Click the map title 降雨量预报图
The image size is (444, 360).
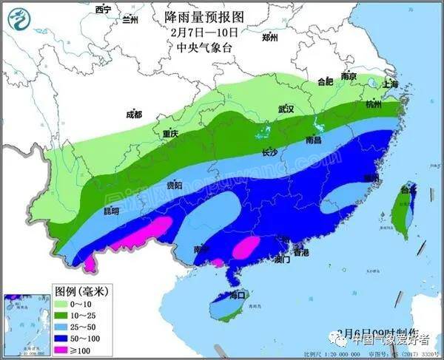tap(206, 15)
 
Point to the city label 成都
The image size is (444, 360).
tap(133, 115)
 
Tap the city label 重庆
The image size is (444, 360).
tap(170, 135)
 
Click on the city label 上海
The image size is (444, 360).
tap(390, 85)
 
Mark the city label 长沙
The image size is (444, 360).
tap(269, 153)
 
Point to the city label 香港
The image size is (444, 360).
tap(300, 253)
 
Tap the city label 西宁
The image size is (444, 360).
tap(104, 9)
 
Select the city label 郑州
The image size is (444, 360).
tap(270, 37)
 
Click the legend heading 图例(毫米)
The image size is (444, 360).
tap(82, 291)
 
